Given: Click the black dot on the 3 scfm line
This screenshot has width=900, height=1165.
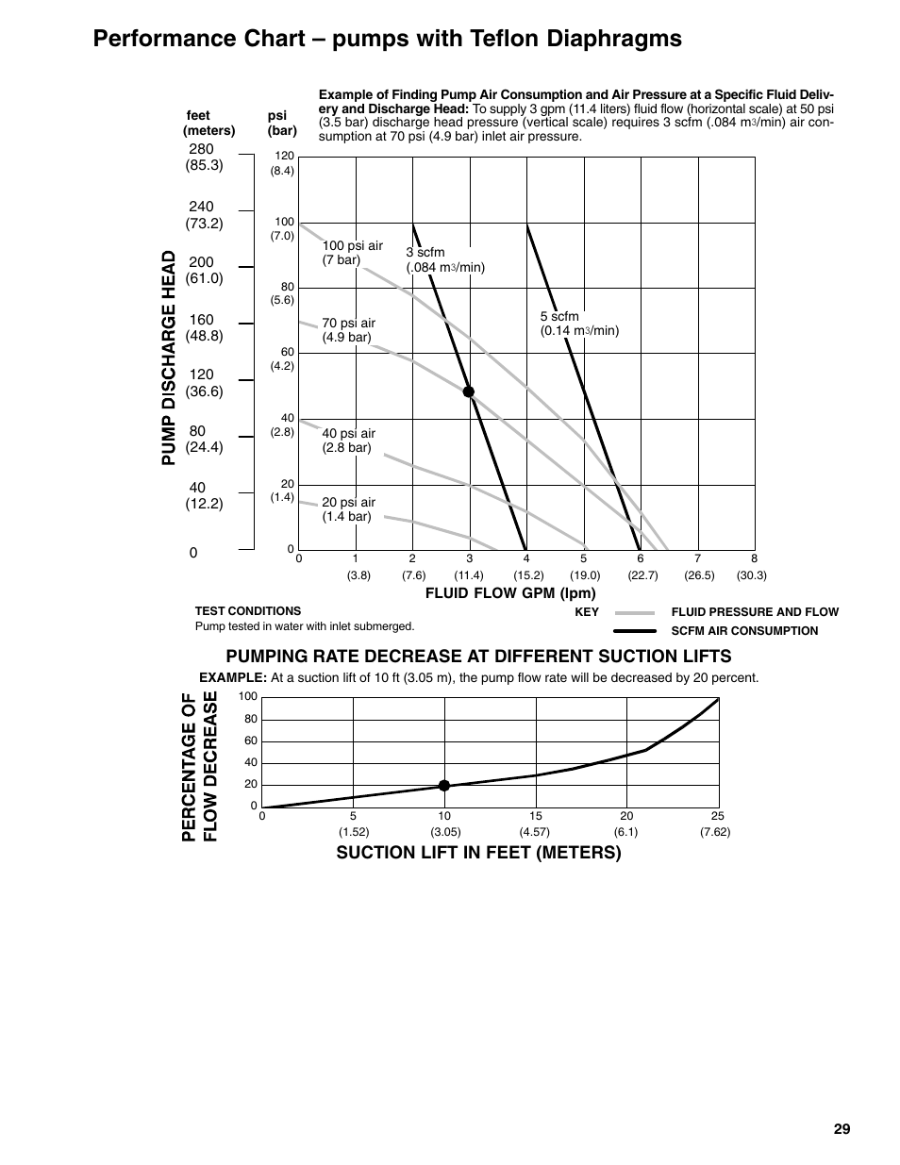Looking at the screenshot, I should (x=468, y=391).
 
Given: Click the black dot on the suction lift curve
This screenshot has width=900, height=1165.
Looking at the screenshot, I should (x=444, y=785).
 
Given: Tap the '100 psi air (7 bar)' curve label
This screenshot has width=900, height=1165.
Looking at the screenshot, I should (x=353, y=253).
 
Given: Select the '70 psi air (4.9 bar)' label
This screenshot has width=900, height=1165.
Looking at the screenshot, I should (x=348, y=330).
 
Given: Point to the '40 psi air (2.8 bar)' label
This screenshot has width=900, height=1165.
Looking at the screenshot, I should (x=348, y=441).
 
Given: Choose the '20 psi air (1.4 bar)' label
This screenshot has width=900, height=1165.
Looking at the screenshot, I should (x=348, y=509).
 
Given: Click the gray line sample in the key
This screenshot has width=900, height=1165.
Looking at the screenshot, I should (x=634, y=612).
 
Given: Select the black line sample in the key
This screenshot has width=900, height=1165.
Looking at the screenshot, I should (x=634, y=631).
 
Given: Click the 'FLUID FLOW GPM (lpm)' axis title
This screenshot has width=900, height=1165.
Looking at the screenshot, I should (x=510, y=593).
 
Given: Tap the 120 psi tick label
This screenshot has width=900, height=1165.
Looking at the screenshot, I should (x=284, y=156).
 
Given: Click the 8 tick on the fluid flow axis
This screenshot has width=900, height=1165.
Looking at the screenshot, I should (x=754, y=558).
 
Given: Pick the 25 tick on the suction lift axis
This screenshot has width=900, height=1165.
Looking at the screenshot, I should (x=717, y=816).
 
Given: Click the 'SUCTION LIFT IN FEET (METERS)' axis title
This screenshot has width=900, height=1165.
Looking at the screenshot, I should (x=479, y=853).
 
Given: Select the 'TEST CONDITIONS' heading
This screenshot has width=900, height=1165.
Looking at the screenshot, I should (x=248, y=611).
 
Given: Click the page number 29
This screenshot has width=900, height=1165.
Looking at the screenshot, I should (x=842, y=1129).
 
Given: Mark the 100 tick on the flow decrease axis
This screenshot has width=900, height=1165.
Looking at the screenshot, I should (x=248, y=697).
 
